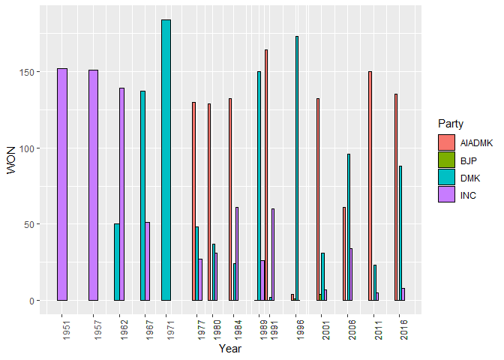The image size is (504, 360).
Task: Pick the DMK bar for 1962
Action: coord(117,262)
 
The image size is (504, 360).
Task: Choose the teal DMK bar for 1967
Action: coord(142,196)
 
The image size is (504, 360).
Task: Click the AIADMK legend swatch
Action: coord(447,142)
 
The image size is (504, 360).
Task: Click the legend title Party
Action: coord(451,123)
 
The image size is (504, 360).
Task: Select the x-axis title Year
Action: coord(229,349)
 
